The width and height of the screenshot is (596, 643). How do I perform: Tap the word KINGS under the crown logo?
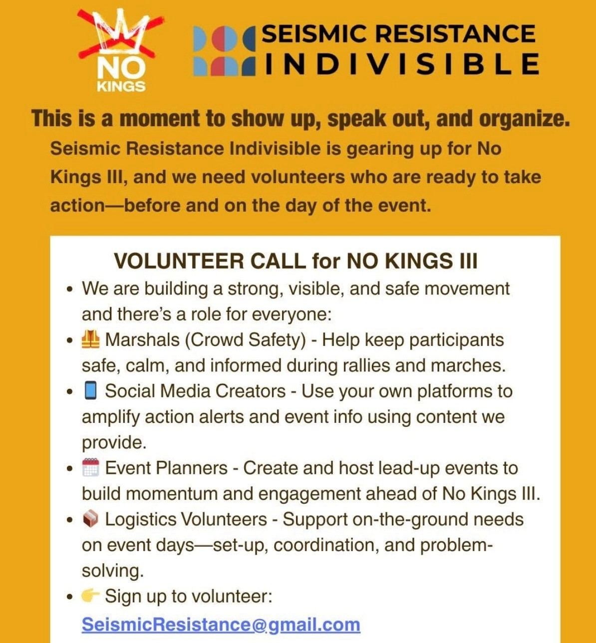(121, 86)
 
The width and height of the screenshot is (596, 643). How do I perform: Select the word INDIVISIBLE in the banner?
(401, 64)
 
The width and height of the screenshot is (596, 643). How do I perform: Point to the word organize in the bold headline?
(524, 119)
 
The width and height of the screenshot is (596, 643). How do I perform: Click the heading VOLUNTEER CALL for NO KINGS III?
(296, 261)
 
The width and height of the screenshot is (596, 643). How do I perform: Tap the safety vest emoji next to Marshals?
(90, 340)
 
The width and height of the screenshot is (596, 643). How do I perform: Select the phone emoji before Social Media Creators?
(90, 391)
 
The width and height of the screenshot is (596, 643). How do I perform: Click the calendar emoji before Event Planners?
(90, 468)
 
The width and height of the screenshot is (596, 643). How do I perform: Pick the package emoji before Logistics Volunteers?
(90, 519)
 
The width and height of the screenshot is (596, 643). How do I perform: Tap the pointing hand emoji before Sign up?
(90, 596)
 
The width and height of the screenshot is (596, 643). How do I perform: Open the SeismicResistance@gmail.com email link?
(221, 625)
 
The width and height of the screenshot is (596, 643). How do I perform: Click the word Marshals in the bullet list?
(142, 340)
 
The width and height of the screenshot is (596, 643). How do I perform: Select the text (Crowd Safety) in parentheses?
(245, 340)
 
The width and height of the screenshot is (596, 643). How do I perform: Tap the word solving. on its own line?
(113, 571)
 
